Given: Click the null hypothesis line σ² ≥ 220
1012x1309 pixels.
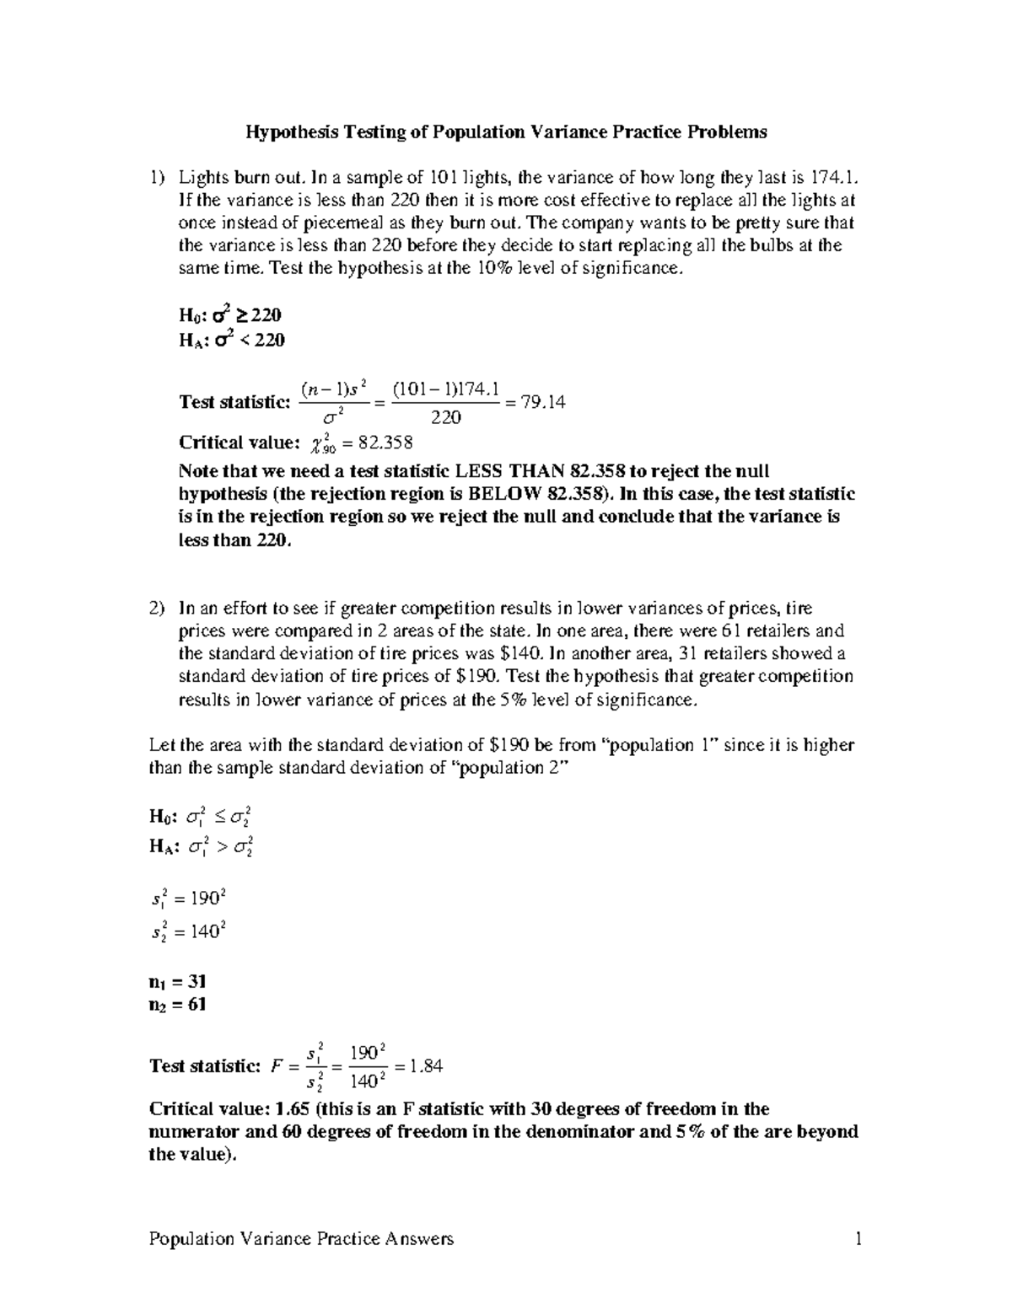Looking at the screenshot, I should (230, 315).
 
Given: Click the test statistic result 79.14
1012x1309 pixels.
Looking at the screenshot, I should (544, 402).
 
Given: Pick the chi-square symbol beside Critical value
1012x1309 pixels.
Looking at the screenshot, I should (318, 443).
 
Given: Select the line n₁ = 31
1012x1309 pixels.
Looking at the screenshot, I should (177, 981).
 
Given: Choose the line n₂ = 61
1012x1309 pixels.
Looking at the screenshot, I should (177, 1004).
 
